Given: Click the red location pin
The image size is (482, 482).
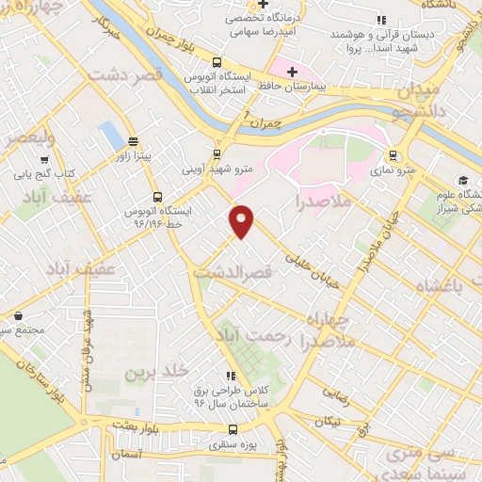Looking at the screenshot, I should (243, 221).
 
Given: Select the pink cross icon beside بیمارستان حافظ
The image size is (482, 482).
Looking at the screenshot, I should (293, 71).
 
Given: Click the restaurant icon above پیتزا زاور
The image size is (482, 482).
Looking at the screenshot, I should (133, 141).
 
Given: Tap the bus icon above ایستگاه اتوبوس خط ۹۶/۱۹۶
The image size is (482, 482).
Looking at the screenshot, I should (156, 198).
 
